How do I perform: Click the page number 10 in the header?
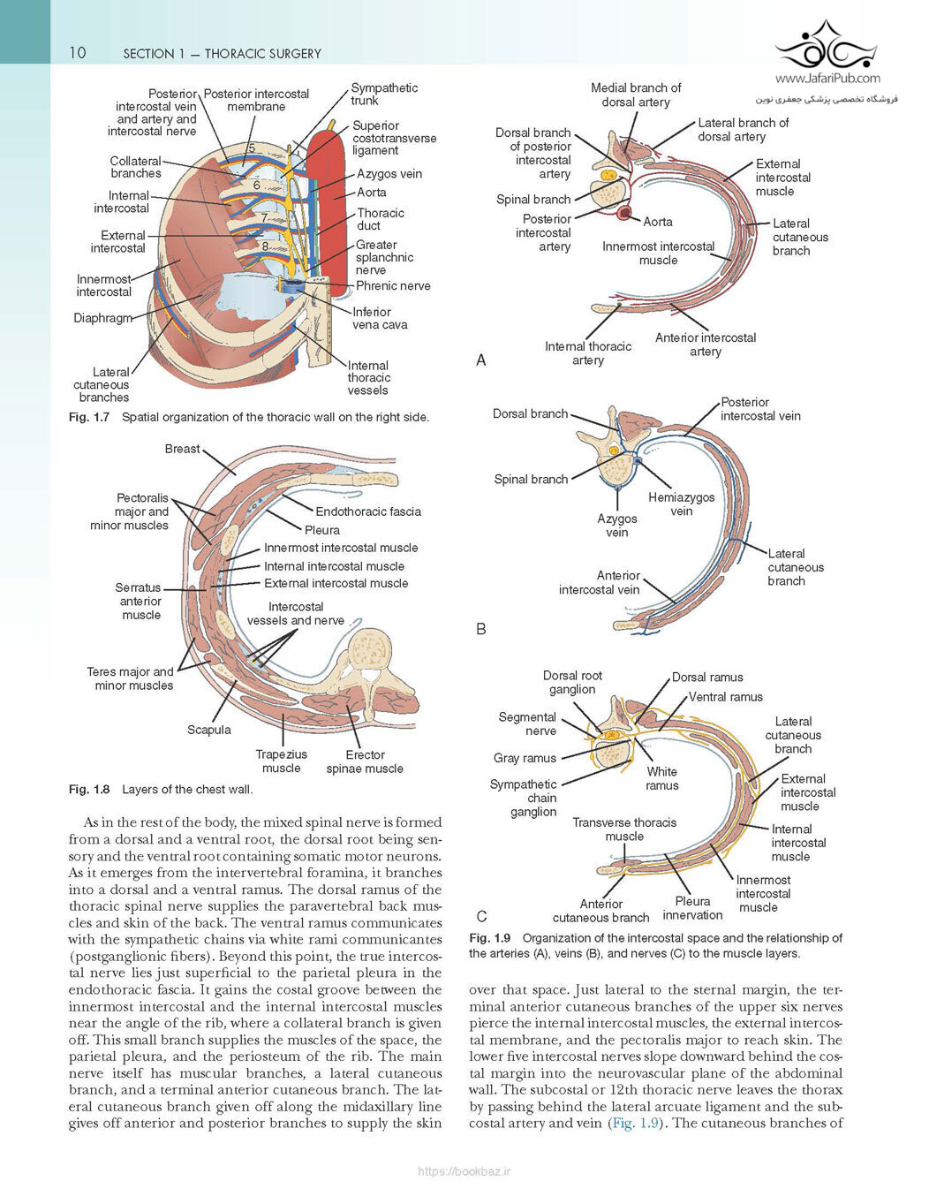[x=77, y=52]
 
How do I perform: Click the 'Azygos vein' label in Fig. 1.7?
[x=389, y=174]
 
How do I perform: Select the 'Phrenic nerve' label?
[x=393, y=285]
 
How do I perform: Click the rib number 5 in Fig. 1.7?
[x=251, y=148]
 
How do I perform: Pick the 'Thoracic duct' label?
[x=381, y=219]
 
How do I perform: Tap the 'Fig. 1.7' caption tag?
[x=89, y=417]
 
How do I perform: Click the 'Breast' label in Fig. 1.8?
[x=182, y=449]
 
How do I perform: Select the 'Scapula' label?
[x=209, y=730]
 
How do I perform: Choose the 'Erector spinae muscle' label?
[x=365, y=761]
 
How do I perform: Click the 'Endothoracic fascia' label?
[x=368, y=511]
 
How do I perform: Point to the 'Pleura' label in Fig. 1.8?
[x=322, y=530]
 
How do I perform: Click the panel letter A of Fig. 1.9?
[x=481, y=360]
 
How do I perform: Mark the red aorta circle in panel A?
[x=623, y=212]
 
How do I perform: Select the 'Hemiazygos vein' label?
[x=682, y=504]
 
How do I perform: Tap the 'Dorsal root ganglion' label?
[x=572, y=682]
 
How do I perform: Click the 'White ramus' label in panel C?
[x=662, y=778]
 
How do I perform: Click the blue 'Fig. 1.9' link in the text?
[x=635, y=1124]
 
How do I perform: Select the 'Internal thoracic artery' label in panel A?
[x=588, y=353]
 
